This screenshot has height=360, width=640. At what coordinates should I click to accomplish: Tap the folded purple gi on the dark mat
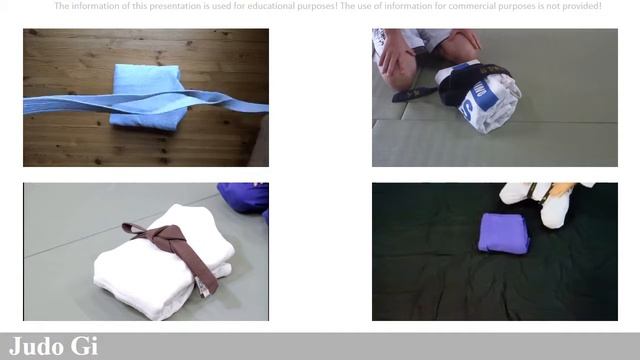pos(502,233)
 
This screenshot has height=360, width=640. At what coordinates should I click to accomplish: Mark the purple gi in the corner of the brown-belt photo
pos(246,196)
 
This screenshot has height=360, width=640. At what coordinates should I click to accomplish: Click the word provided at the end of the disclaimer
pos(579,6)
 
